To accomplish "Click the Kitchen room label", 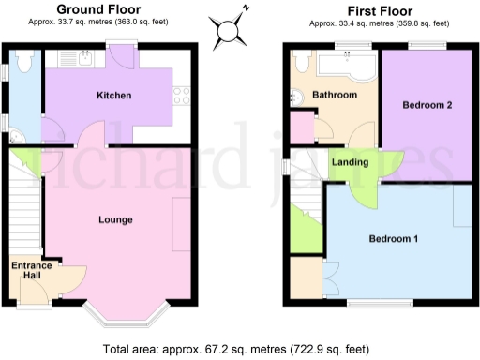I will point(113,96).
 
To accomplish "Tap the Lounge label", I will point(115,219).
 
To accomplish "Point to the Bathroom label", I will point(336,96).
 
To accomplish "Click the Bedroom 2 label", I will point(427,105).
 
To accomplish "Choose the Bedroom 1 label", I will point(393,238).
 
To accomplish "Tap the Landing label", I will point(351,162).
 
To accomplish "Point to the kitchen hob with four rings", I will point(182,95).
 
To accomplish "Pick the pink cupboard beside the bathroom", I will point(302,127).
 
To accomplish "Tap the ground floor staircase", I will point(25,206).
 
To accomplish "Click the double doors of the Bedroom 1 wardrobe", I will point(331,278).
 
